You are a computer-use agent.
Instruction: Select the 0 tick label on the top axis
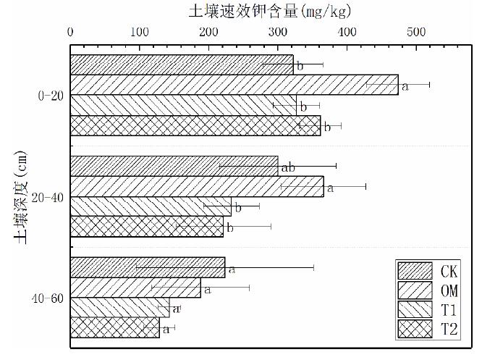[x=70, y=33]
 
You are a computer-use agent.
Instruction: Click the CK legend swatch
[x=414, y=271]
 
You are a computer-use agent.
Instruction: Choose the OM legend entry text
[x=448, y=290]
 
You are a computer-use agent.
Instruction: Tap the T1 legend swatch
[x=414, y=310]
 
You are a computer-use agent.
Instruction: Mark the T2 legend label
[x=448, y=330]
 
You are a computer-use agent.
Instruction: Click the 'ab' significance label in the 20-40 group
[x=287, y=168]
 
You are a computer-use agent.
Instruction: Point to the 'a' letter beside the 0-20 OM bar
[x=405, y=87]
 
